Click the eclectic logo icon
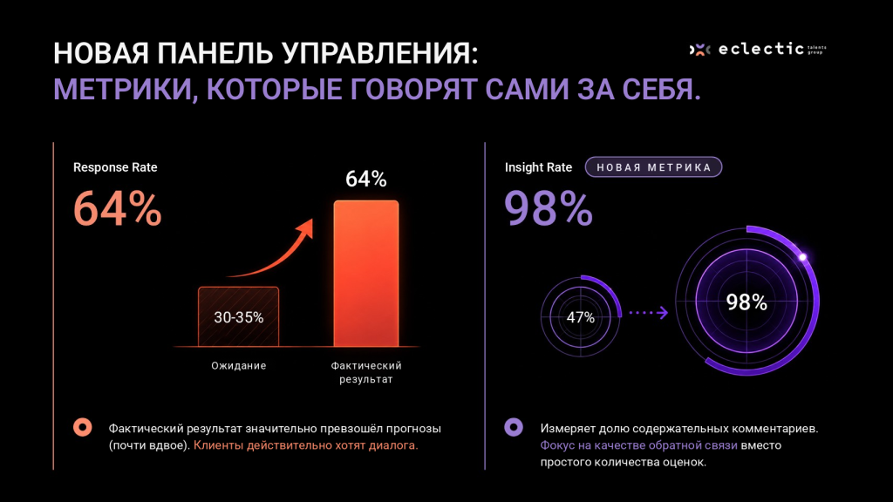coord(700,50)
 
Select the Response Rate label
coord(115,167)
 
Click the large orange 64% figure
coord(118,209)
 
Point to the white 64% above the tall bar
coord(366,180)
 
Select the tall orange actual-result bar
coord(366,273)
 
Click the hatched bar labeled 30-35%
coord(239,316)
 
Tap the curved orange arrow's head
coord(306,228)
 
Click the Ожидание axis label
coord(239,365)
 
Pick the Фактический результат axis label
coord(366,372)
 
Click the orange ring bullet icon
coord(83,427)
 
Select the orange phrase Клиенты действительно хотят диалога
coord(306,445)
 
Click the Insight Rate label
coord(538,167)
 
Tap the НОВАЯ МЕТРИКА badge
coord(654,167)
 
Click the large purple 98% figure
coord(549,209)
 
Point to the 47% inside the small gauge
coord(580,317)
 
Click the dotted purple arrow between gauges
coord(648,313)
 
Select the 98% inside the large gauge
coord(746,302)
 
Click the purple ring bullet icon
coord(514,427)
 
